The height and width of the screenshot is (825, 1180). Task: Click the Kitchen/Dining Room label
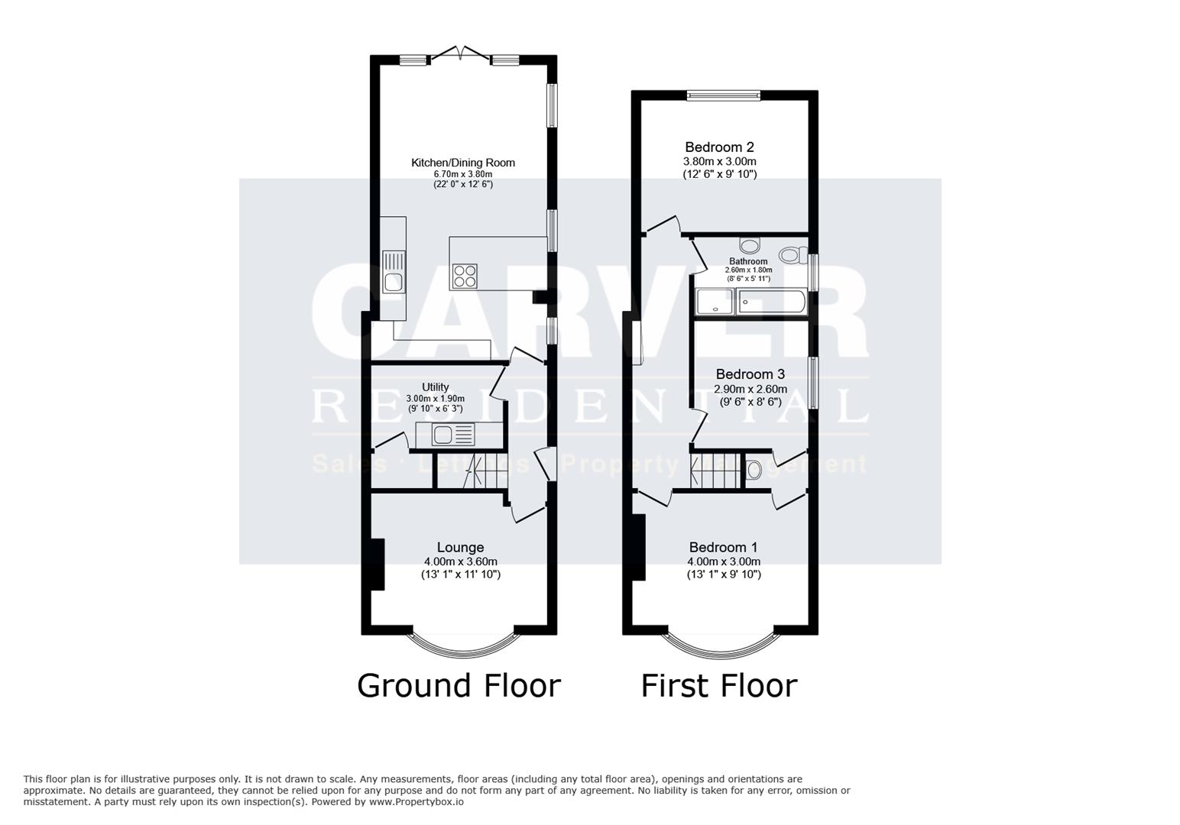click(462, 163)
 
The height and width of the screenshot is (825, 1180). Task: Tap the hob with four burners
click(464, 275)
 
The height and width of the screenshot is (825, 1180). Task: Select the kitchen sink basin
click(394, 283)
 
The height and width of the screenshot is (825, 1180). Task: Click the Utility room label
click(435, 387)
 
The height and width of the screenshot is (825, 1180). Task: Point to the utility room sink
click(443, 435)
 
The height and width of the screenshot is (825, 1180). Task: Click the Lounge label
click(460, 547)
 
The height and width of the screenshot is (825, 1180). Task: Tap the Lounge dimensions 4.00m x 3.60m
click(460, 561)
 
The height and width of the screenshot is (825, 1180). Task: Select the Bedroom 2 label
click(719, 147)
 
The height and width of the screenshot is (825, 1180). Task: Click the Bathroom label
click(748, 261)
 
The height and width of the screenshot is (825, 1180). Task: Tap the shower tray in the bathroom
click(715, 303)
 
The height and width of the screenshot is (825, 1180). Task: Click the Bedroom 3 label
click(750, 374)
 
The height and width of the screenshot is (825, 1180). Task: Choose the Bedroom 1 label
click(723, 547)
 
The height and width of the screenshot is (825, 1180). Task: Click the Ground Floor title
click(459, 685)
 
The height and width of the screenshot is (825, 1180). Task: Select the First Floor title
click(718, 685)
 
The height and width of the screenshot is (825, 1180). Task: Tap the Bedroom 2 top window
click(723, 95)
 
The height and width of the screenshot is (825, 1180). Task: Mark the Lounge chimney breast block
click(377, 565)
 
